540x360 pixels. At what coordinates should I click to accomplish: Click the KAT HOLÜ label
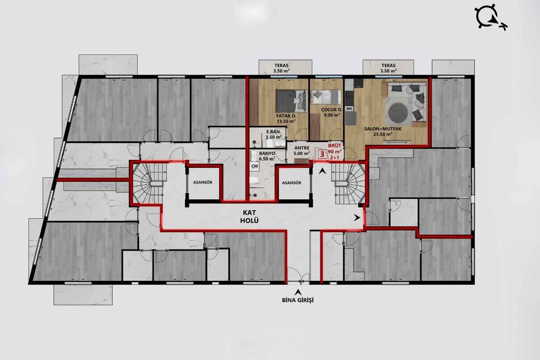[x=249, y=216]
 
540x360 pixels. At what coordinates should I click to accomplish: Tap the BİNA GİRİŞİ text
[x=298, y=300]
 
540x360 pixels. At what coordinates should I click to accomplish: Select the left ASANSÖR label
[x=203, y=182]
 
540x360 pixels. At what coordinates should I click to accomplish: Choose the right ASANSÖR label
[x=292, y=183]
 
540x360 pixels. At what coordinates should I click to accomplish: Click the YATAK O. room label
[x=286, y=116]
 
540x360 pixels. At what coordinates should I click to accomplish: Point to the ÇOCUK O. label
[x=332, y=110]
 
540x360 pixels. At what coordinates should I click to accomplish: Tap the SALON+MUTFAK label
[x=383, y=129]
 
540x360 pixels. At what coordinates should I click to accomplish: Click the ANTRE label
[x=302, y=148]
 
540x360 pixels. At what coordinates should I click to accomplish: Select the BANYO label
[x=267, y=153]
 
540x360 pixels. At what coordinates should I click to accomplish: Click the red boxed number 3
[x=322, y=154]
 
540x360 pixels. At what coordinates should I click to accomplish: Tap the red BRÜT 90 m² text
[x=335, y=148]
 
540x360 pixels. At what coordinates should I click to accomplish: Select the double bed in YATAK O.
[x=292, y=101]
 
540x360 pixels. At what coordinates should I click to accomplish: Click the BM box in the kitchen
[x=349, y=109]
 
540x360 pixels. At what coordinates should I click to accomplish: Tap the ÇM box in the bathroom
[x=255, y=166]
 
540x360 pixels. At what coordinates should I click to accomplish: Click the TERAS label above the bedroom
[x=281, y=65]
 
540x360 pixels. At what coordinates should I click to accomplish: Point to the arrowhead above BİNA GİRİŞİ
[x=299, y=292]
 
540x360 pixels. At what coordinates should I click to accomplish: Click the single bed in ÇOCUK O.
[x=326, y=97]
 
